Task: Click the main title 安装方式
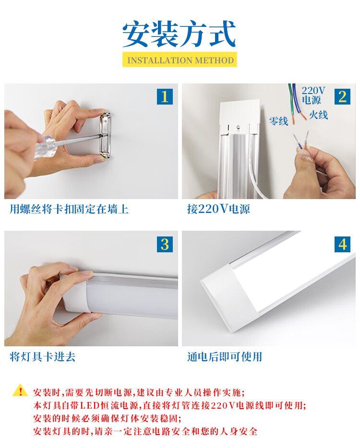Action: click(x=180, y=34)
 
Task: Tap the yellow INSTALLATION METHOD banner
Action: click(x=180, y=59)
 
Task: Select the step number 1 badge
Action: click(x=165, y=96)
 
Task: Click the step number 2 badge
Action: click(x=342, y=96)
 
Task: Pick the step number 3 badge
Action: click(x=165, y=244)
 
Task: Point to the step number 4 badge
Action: click(x=342, y=244)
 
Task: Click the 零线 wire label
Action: click(x=278, y=121)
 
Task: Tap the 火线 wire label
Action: click(x=318, y=115)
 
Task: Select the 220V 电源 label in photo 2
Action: click(x=313, y=95)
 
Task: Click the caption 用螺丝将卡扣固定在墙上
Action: click(x=69, y=209)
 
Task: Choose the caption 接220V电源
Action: click(x=219, y=209)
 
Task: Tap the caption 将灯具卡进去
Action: click(x=43, y=356)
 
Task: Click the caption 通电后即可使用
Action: click(x=225, y=356)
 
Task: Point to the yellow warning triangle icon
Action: click(x=20, y=390)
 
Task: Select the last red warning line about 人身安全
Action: click(x=145, y=431)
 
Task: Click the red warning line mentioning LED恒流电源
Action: click(x=169, y=405)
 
